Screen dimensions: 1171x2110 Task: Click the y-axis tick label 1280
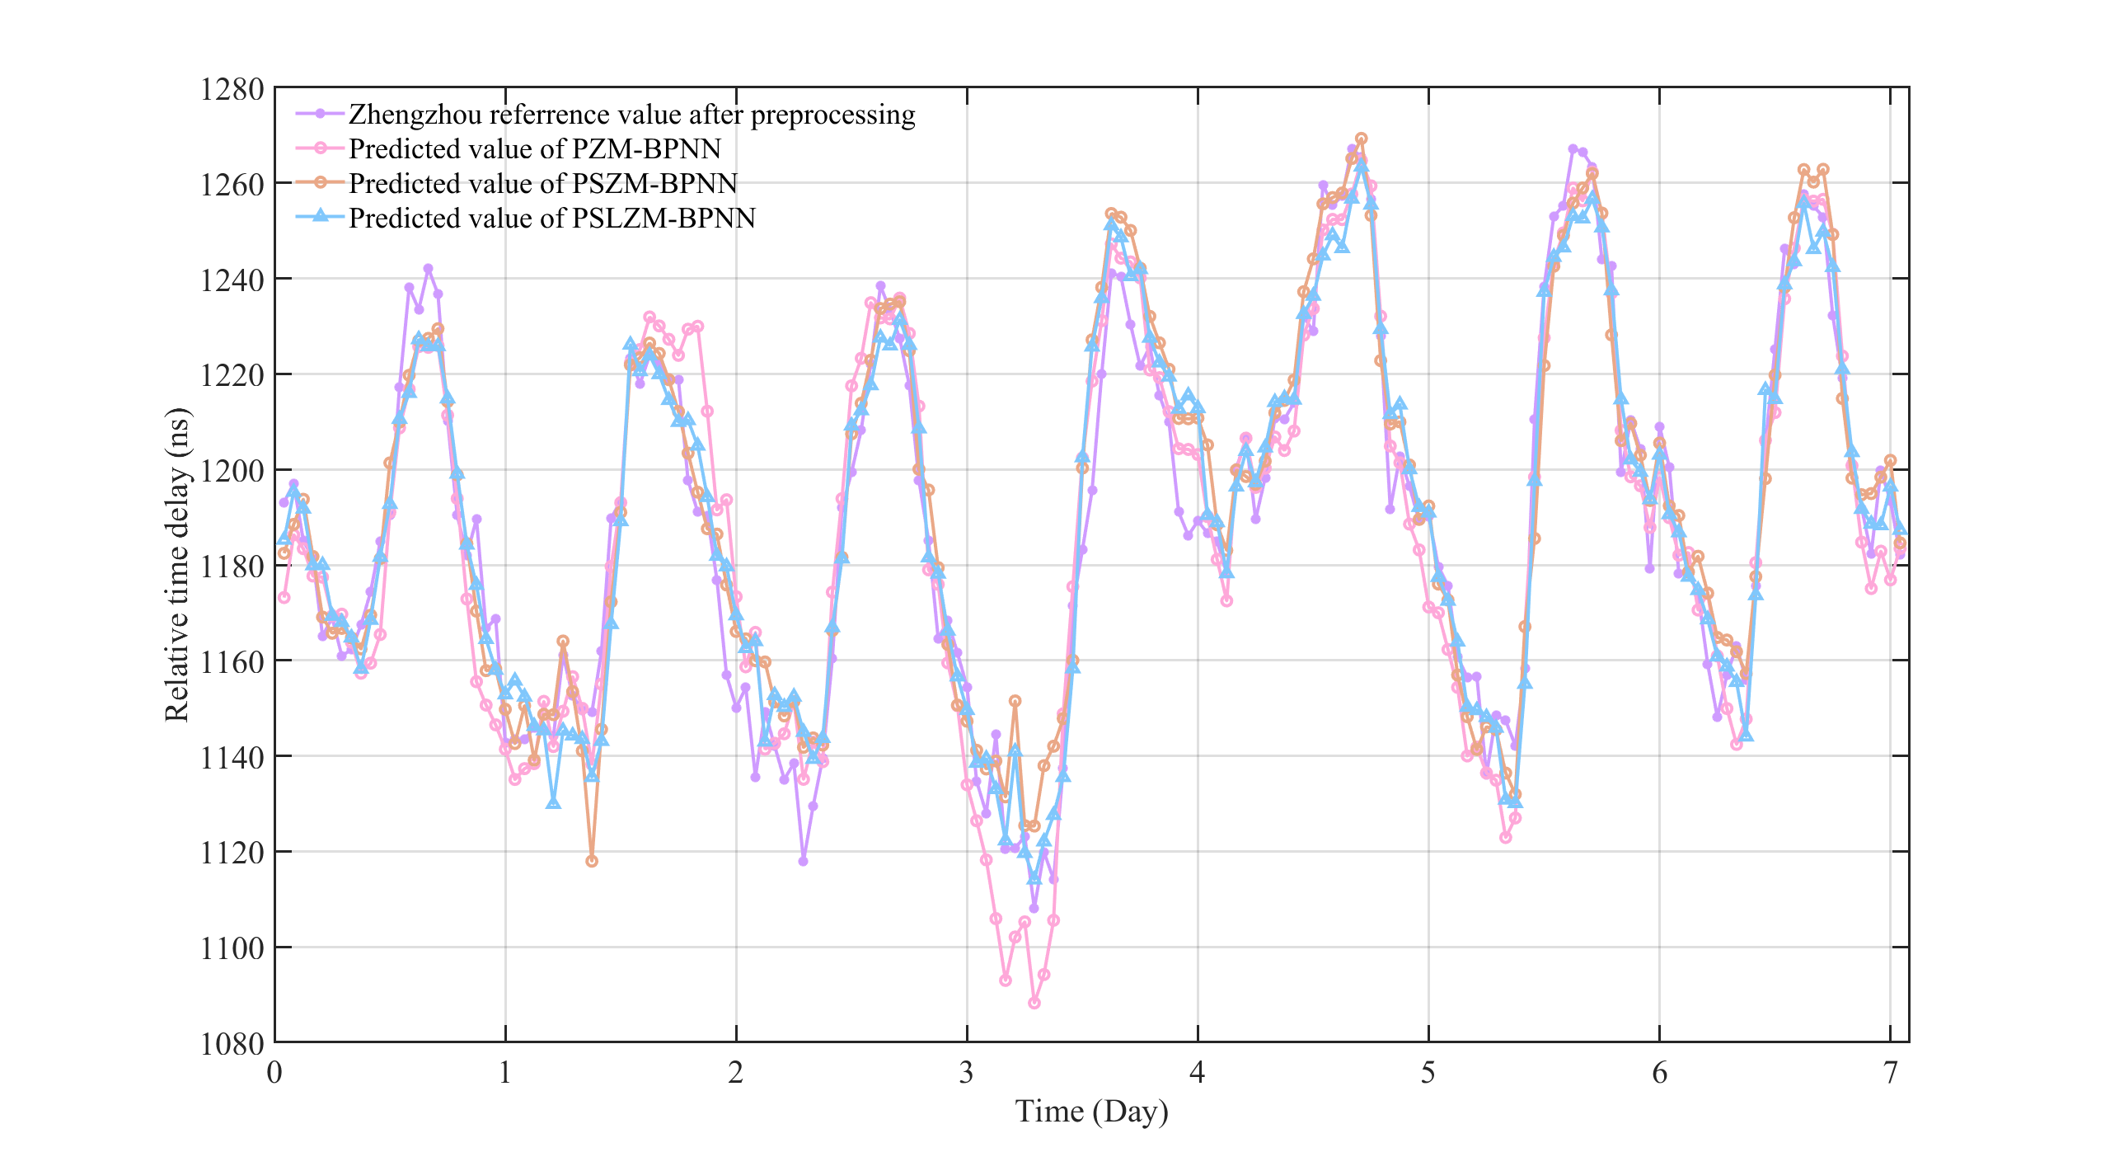[x=232, y=89]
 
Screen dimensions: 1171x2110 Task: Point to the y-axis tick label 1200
[x=232, y=471]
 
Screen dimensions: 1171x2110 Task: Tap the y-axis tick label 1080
[x=232, y=1044]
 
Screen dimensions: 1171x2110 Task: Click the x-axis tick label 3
[x=966, y=1072]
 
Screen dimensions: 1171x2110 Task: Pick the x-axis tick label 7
[x=1890, y=1072]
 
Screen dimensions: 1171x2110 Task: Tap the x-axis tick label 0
[x=274, y=1072]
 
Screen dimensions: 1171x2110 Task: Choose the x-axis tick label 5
[x=1428, y=1072]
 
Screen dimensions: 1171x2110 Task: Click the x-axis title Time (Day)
[x=1091, y=1112]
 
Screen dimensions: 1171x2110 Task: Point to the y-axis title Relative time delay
[x=176, y=565]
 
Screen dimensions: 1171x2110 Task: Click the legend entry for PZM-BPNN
[x=534, y=148]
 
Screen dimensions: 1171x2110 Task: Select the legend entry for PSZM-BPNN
[x=542, y=183]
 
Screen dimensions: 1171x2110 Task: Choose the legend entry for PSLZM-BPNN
[x=551, y=218]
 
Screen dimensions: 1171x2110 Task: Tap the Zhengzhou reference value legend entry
[x=631, y=114]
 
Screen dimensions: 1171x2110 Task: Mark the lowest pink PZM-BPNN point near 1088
[x=1034, y=1003]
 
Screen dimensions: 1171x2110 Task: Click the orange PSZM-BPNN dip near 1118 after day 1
[x=592, y=861]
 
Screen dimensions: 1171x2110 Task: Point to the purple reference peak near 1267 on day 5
[x=1573, y=148]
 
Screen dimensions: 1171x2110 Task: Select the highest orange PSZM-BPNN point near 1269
[x=1362, y=139]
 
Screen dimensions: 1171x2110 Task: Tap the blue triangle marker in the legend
[x=321, y=216]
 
